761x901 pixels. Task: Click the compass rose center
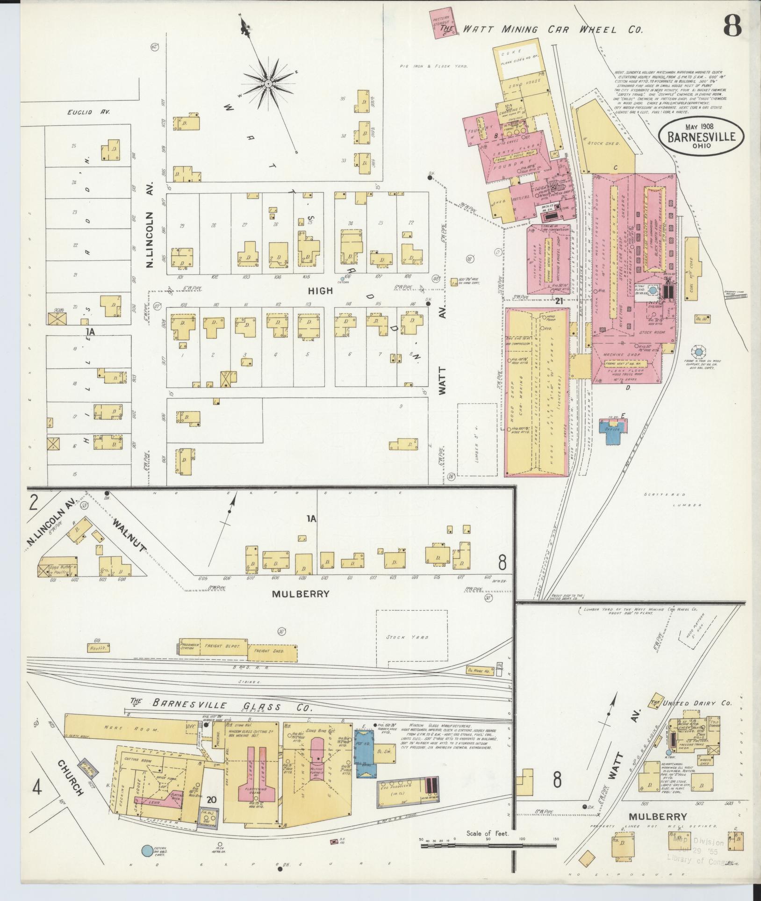click(x=269, y=83)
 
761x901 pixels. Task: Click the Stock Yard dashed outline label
click(x=411, y=637)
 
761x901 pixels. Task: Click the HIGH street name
click(x=320, y=291)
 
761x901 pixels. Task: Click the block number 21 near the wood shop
click(x=558, y=302)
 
